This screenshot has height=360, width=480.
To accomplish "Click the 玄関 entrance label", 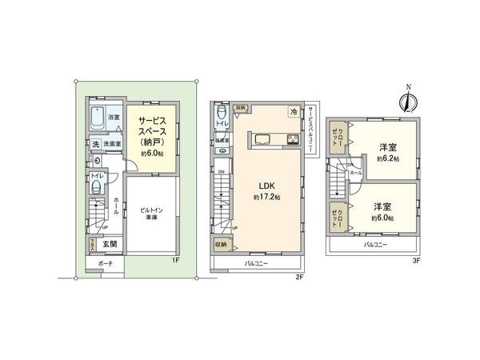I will [x=109, y=244].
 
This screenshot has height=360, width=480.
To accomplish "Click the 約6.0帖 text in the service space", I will [x=151, y=153].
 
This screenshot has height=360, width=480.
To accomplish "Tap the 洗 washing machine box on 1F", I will [x=95, y=144].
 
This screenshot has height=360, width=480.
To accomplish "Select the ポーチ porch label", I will [x=106, y=263].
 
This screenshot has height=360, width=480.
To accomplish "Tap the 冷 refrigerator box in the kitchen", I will [x=294, y=112].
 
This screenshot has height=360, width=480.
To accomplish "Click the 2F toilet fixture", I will [x=220, y=113].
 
